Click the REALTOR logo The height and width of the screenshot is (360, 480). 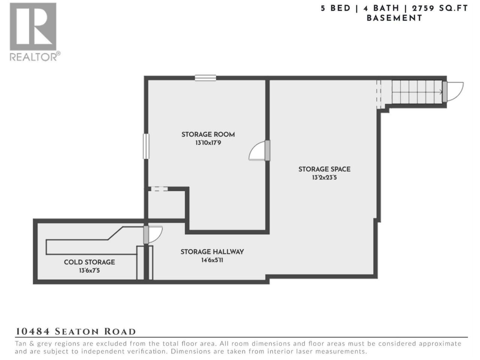point(34,32)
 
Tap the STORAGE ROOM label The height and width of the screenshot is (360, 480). point(208,134)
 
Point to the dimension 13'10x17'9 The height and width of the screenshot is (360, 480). point(208,143)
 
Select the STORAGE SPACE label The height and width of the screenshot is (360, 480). point(324,169)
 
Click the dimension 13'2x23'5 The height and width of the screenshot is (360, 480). point(324,177)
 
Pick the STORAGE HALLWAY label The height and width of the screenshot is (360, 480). point(212,252)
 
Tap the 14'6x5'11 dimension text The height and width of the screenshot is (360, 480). point(212,260)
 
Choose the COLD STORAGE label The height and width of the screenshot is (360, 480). point(90,262)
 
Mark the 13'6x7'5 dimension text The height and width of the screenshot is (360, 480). point(90,270)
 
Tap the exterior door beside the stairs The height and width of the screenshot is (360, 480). point(453,91)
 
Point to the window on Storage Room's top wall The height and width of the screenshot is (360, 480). point(205,78)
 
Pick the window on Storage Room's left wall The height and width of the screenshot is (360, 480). point(146,146)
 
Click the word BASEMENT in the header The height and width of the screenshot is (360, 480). point(394,18)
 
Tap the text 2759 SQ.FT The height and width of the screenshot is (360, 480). point(440,9)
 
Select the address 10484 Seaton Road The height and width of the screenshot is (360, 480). point(75,331)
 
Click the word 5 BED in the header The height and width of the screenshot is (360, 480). point(336,9)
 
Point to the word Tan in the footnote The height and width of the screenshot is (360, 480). point(20,343)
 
